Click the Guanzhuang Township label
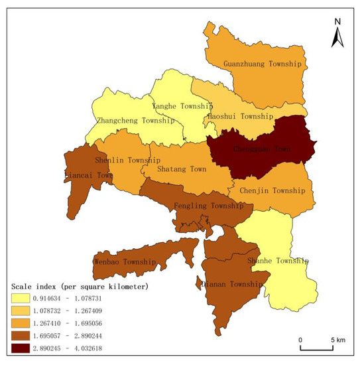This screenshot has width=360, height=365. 263,64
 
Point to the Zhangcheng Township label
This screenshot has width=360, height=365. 135,121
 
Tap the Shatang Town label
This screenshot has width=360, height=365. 182,169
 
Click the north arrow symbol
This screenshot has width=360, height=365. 337,32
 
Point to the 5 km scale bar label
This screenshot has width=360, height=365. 337,340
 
